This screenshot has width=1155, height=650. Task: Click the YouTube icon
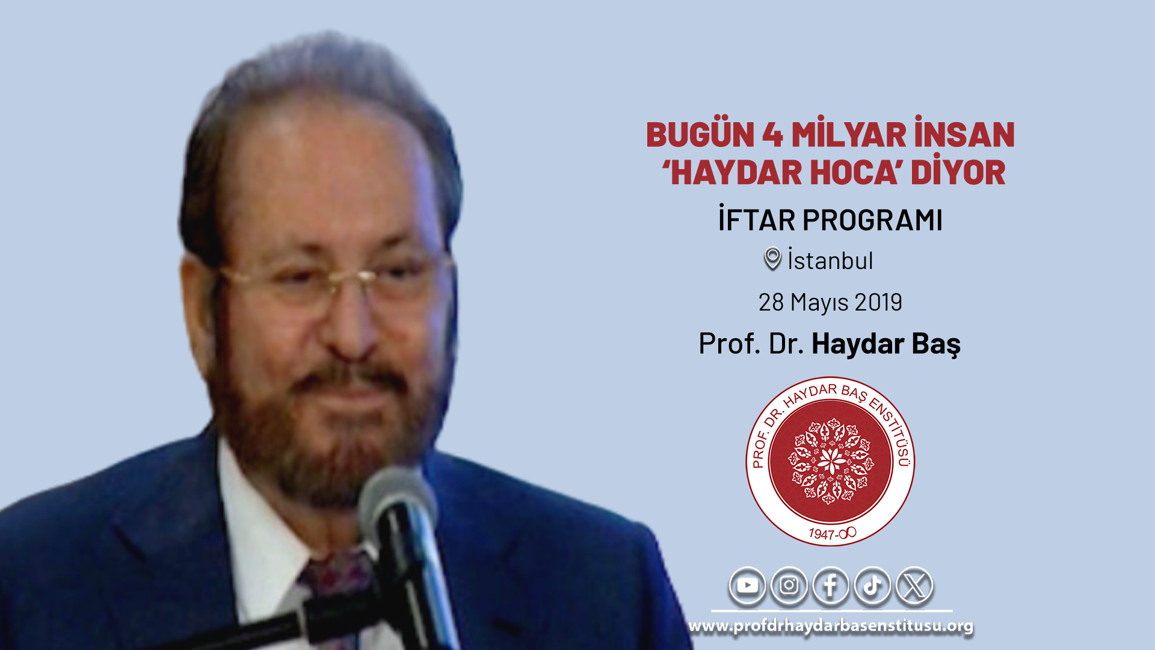coord(747,586)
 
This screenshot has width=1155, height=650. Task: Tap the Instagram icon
coord(789,586)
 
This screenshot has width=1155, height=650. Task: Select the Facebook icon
coord(831,586)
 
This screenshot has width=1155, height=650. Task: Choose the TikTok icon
coord(872,586)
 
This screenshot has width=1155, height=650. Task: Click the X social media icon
coord(914,586)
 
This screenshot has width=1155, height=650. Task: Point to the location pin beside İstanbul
coord(772,258)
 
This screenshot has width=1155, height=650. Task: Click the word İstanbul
coord(830,260)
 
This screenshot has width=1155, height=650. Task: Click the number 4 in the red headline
coord(772,134)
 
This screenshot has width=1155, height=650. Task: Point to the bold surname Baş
coord(936,344)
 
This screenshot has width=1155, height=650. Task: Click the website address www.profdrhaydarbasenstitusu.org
coord(831,626)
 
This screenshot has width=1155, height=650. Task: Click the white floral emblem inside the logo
coord(831,462)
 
